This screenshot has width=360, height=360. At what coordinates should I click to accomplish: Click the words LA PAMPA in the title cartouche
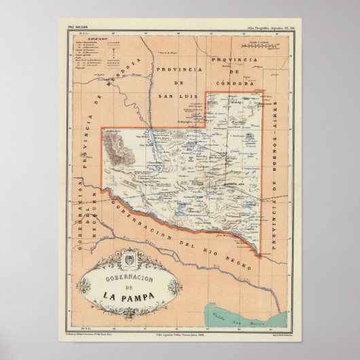118,296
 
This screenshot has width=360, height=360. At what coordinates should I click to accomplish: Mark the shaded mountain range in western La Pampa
120,149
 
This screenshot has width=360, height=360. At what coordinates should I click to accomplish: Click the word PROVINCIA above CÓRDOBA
234,60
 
